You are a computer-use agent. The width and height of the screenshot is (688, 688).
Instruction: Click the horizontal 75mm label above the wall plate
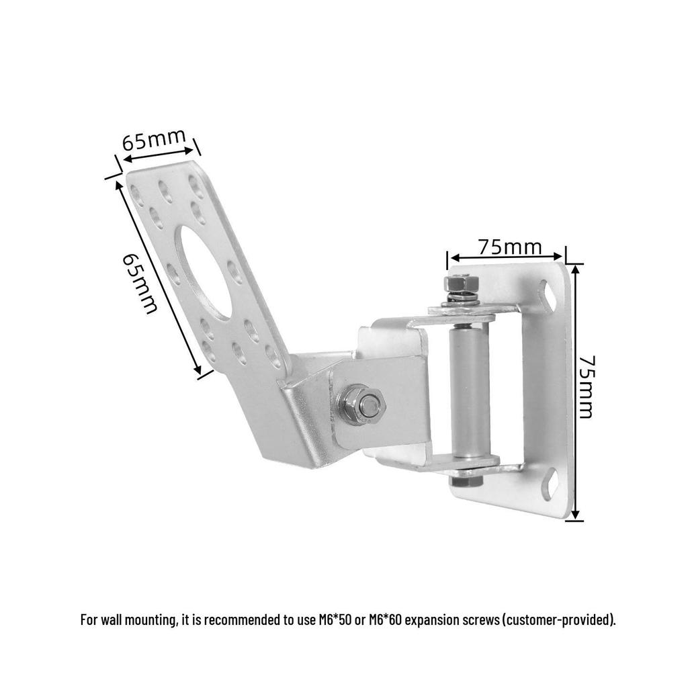[x=510, y=247]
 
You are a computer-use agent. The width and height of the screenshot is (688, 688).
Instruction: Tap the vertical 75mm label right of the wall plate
[x=587, y=387]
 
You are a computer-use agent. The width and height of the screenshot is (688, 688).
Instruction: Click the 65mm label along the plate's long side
[x=139, y=283]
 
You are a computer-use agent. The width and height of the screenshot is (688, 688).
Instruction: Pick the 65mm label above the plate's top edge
[x=154, y=139]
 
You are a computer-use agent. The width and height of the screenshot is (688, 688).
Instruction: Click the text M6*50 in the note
[x=335, y=619]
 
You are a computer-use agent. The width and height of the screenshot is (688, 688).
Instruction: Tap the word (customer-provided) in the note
[x=558, y=619]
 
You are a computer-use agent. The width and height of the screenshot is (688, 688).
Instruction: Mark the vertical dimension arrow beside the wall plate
[x=576, y=392]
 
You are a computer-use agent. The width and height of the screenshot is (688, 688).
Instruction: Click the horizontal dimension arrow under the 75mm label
[x=507, y=257]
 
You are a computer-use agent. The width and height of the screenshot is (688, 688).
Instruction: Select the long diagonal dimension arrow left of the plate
[x=159, y=277]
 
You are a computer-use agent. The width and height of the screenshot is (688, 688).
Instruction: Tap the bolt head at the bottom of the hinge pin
[x=466, y=480]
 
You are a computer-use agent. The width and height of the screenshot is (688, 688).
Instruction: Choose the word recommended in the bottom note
[x=242, y=619]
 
